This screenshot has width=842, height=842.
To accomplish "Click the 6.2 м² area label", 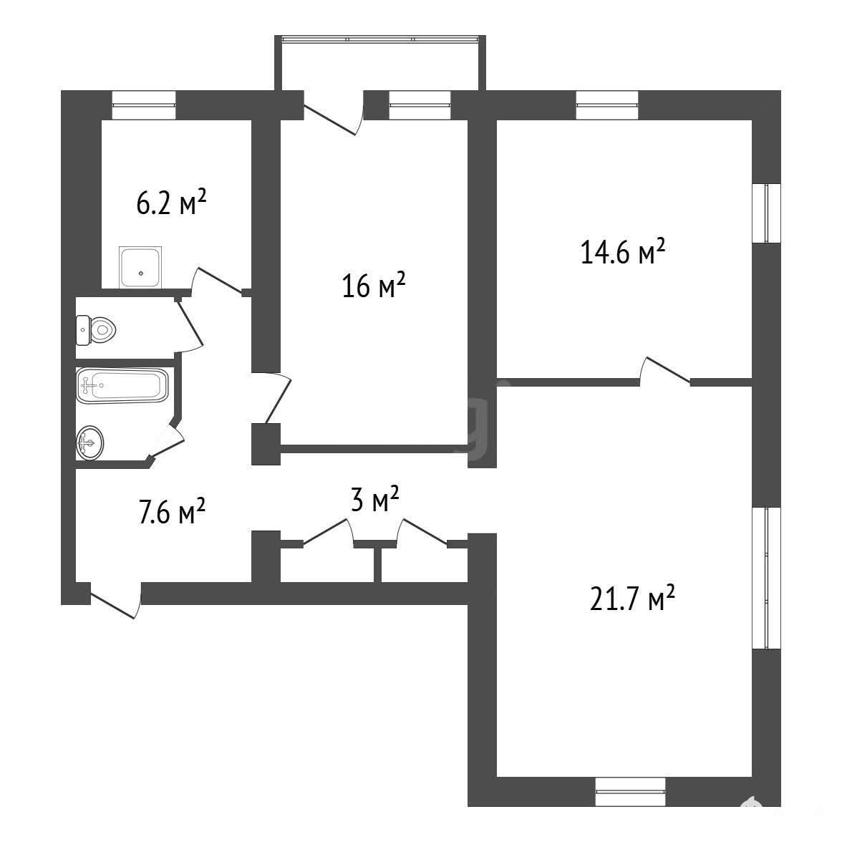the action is coord(171,202).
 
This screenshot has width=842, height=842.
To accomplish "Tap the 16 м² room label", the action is coord(373,285).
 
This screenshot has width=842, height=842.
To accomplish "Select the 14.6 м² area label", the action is coord(623,251).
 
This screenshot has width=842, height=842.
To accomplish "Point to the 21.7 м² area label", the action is coord(632,598).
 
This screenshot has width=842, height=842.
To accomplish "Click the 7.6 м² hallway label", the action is coord(172,510).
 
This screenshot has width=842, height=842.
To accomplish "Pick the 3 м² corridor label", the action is coord(374,499).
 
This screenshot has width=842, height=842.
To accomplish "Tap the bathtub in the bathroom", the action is coord(122,385).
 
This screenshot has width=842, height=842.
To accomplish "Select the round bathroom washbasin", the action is coord(89,443).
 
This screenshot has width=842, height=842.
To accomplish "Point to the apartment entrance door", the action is coord(115,600).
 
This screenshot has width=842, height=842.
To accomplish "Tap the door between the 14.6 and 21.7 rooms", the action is coord(664,371).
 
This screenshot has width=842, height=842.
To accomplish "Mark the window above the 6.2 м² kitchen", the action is coord(144,105).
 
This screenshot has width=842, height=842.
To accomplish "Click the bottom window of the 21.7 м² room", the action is coord(630,792).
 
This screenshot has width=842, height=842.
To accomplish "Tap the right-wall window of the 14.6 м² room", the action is coord(766,213).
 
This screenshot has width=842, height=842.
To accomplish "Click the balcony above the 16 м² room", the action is coord(380,63).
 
